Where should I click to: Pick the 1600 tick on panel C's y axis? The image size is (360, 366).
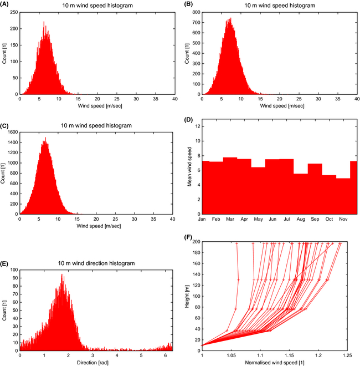click(12, 134)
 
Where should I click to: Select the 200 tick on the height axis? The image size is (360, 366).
click(194, 242)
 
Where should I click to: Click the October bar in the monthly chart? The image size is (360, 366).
click(329, 194)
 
